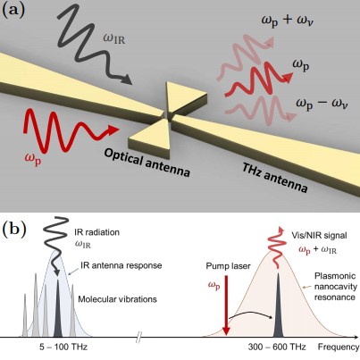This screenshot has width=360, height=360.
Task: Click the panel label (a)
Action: pyautogui.click(x=13, y=11)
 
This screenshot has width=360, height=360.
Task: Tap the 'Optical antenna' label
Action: pyautogui.click(x=147, y=163)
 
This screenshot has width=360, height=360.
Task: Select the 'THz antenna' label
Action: pyautogui.click(x=274, y=178)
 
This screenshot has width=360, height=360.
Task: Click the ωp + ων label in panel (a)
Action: pyautogui.click(x=288, y=21)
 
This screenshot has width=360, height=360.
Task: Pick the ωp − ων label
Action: pyautogui.click(x=322, y=104)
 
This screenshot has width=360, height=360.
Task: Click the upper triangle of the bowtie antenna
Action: pyautogui.click(x=182, y=96)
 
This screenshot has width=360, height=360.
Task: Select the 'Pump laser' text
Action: pyautogui.click(x=228, y=266)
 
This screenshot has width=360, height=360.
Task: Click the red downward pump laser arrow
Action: pyautogui.click(x=226, y=306)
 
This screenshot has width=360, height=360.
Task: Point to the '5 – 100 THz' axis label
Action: pyautogui.click(x=63, y=347)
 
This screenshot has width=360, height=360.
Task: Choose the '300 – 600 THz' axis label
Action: pyautogui.click(x=277, y=347)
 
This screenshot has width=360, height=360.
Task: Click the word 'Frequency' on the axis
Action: pyautogui.click(x=339, y=347)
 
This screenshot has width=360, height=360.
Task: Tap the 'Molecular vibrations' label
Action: pyautogui.click(x=117, y=299)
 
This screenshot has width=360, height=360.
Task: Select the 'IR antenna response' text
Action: pyautogui.click(x=121, y=265)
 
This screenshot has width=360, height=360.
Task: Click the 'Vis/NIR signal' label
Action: pyautogui.click(x=319, y=236)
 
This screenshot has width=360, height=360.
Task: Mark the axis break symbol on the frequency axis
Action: pyautogui.click(x=138, y=338)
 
